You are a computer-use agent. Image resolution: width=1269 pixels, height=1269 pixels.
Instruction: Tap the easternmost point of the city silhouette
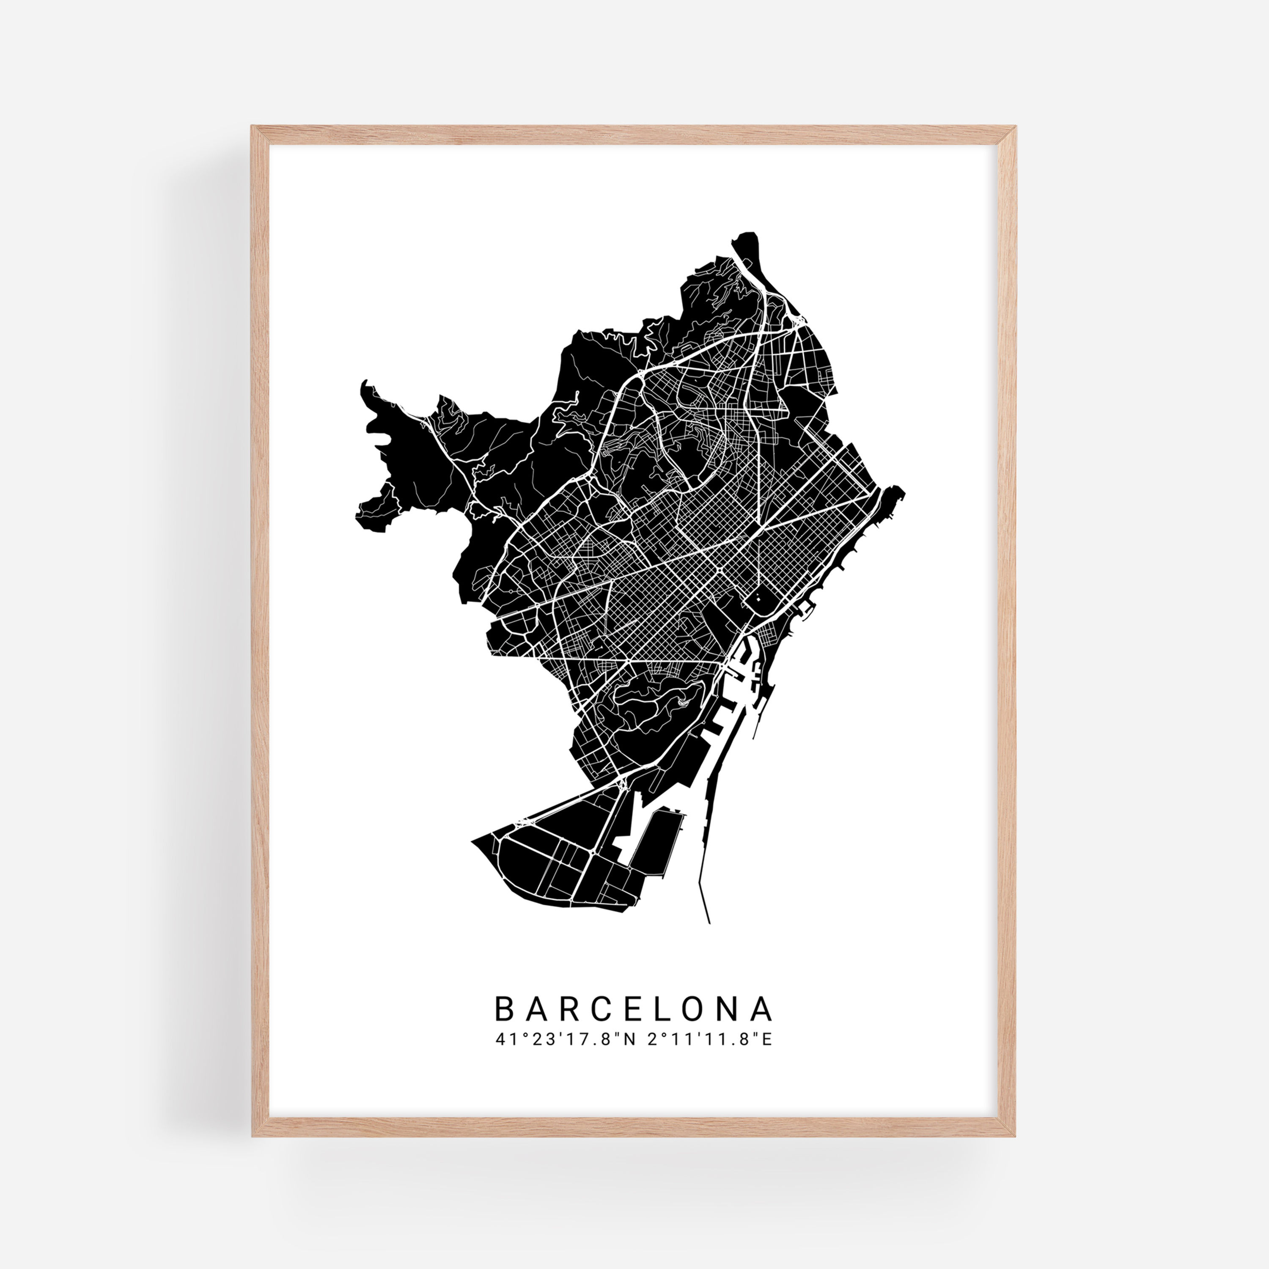(x=904, y=490)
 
